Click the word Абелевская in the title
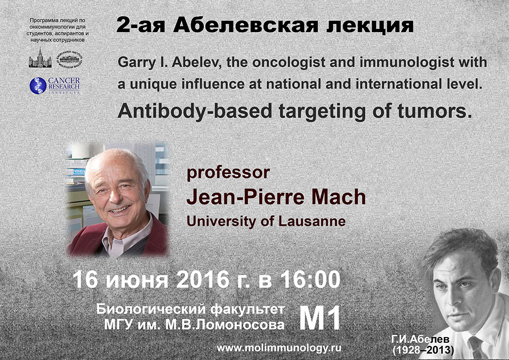[x=245, y=25]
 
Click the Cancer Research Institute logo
[x=54, y=86]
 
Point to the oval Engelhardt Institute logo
[x=69, y=60]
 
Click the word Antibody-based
[x=195, y=111]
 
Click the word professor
[x=228, y=173]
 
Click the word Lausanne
[x=312, y=221]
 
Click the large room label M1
[x=320, y=318]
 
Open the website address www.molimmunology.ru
[x=279, y=348]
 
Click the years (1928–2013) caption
[x=423, y=350]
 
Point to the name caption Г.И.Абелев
[x=420, y=340]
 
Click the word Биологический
[x=151, y=310]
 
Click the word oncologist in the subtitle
[x=289, y=63]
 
